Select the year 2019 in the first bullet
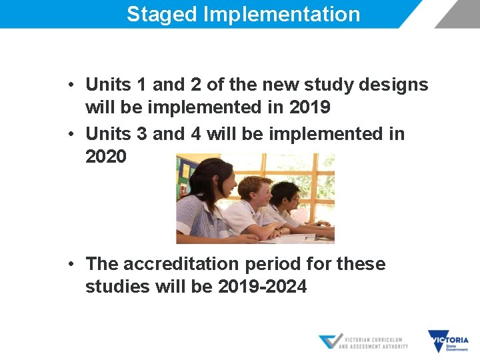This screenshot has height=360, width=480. click(310, 107)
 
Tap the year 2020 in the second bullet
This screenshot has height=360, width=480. click(105, 157)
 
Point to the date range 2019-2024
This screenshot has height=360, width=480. click(262, 287)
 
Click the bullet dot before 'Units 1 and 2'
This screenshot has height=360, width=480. click(71, 85)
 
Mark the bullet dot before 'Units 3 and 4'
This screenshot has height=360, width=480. click(71, 134)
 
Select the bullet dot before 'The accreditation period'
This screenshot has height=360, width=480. click(71, 264)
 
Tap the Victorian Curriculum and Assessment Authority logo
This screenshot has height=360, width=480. click(363, 342)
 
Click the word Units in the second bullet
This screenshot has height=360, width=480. click(108, 134)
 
